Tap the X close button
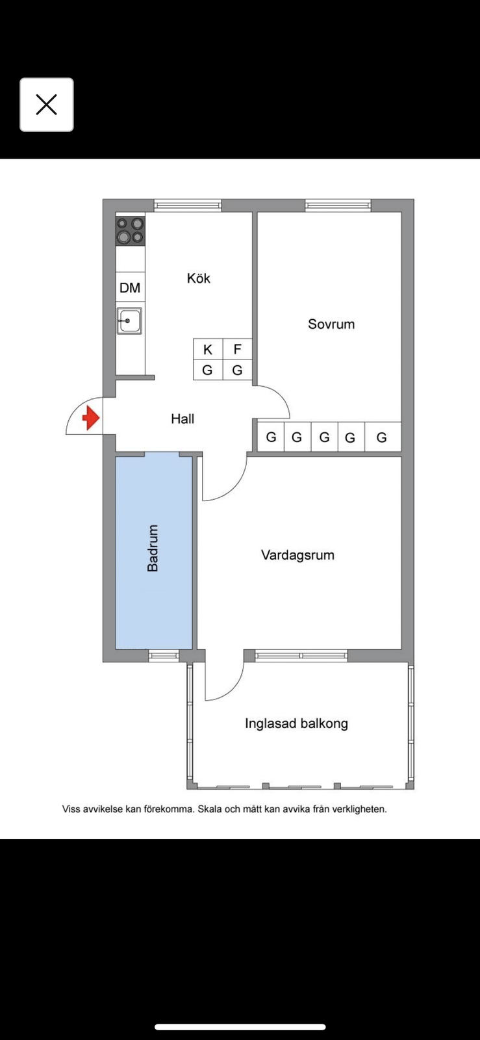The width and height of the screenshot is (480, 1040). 46,105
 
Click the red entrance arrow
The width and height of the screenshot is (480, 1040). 91,419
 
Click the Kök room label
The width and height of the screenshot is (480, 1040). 199,278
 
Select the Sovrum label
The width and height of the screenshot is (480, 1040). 331,324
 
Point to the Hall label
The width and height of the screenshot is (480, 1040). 183,419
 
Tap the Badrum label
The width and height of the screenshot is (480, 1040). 153,548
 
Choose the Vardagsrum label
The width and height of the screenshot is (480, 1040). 297,555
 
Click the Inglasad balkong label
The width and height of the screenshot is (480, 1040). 296,724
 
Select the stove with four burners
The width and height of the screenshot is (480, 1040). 131,231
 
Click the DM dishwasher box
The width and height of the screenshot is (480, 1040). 131,287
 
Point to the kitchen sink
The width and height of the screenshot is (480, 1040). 129,321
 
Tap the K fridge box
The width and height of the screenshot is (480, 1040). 208,349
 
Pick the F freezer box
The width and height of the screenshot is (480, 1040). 238,349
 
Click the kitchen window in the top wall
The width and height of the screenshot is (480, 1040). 188,205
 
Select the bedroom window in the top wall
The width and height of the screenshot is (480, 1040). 338,205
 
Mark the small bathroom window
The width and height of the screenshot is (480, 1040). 164,656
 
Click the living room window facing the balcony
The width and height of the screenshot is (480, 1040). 301,656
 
